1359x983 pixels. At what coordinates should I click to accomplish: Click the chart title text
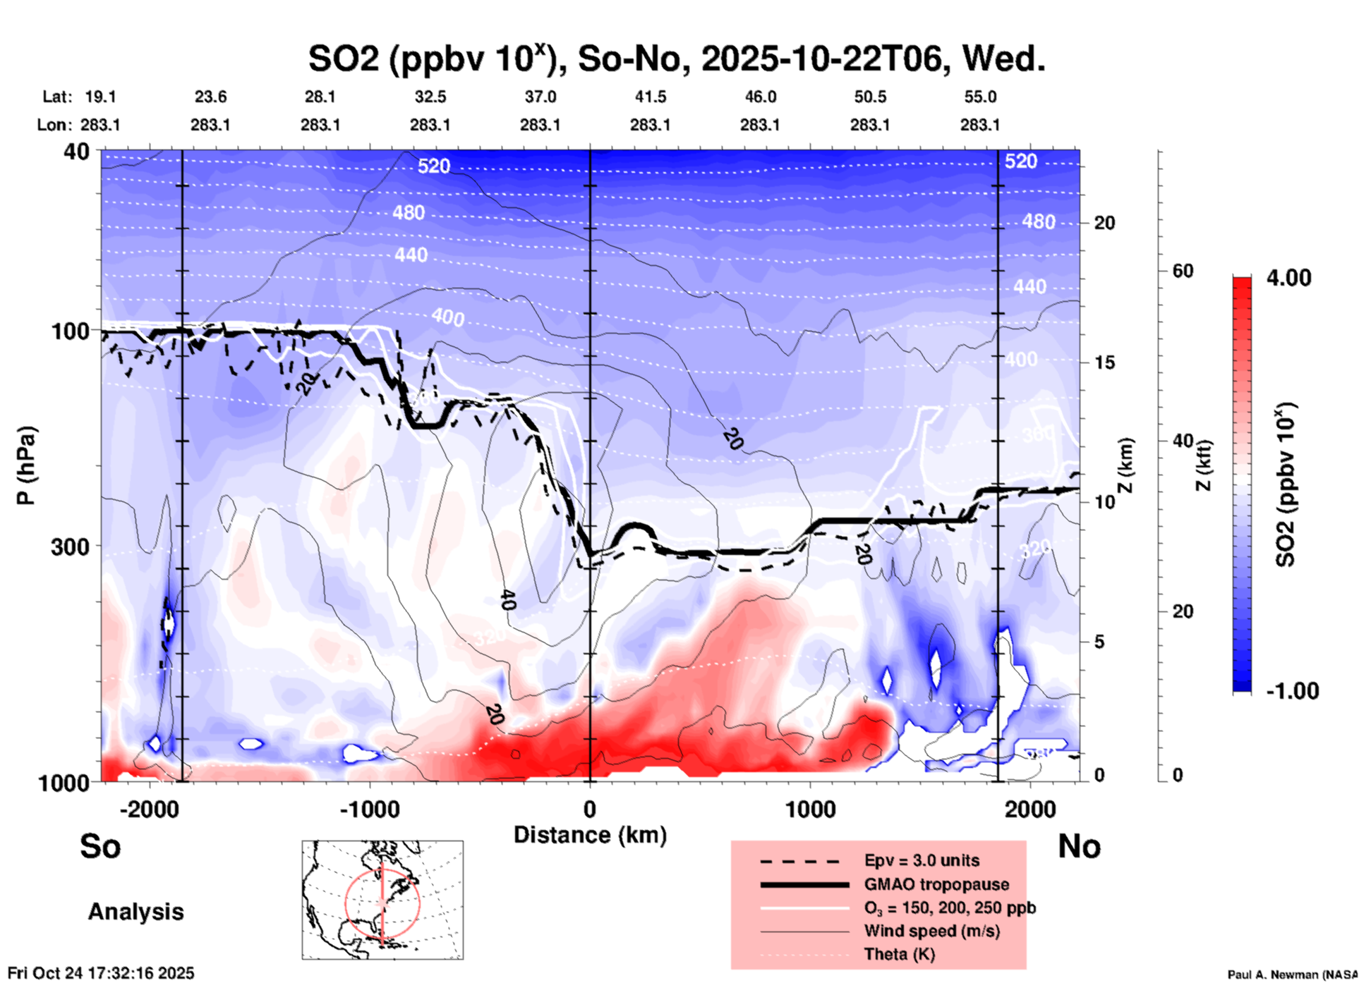[x=676, y=59]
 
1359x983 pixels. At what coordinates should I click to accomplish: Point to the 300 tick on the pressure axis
[x=71, y=547]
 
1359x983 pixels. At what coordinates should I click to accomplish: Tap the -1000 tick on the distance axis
[x=370, y=810]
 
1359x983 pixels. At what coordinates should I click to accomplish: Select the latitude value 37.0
[x=540, y=97]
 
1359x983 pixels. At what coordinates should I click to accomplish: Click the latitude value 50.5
[x=869, y=97]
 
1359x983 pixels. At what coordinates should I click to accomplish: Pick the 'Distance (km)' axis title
[x=590, y=835]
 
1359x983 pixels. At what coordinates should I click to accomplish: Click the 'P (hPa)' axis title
[x=26, y=465]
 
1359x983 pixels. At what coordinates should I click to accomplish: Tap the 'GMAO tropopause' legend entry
[x=936, y=884]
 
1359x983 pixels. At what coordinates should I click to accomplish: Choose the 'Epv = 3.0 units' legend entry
[x=921, y=860]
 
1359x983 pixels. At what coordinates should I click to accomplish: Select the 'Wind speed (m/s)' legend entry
[x=931, y=931]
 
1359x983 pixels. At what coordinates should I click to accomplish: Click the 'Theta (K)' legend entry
[x=899, y=954]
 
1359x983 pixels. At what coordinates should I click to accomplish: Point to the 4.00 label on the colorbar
[x=1288, y=278]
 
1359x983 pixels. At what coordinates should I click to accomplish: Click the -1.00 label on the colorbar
[x=1292, y=691]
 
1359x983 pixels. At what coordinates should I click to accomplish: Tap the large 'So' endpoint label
[x=100, y=846]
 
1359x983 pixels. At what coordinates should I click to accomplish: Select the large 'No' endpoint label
[x=1079, y=846]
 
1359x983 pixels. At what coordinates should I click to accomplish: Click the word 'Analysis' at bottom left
[x=135, y=912]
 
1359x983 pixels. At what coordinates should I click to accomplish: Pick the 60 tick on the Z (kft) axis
[x=1183, y=271]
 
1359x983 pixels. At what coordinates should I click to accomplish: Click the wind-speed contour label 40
[x=507, y=599]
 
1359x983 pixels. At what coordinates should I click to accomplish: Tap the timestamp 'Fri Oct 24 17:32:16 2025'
[x=101, y=973]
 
